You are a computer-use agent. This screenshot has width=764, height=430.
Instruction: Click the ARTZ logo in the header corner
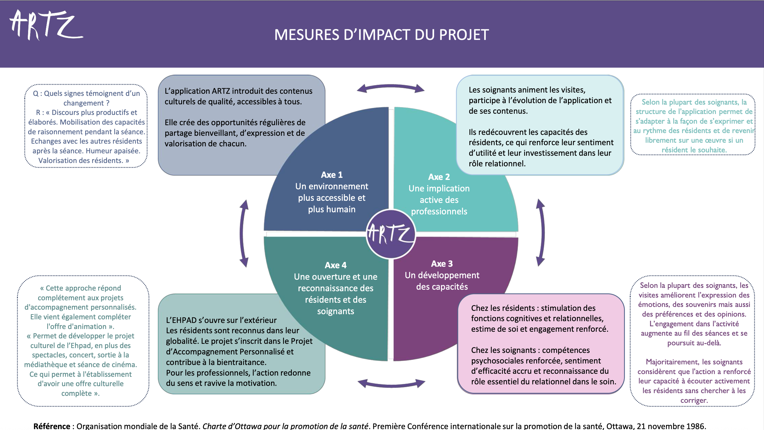coord(45,25)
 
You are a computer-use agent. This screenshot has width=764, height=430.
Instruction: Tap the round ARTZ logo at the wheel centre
coord(391,234)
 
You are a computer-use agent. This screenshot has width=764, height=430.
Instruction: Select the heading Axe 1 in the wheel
coord(331,175)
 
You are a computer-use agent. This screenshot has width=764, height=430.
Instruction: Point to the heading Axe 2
coord(439,177)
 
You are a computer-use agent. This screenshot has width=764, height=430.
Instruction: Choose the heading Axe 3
coord(442,264)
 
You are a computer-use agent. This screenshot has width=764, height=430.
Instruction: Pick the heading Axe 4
coord(335,265)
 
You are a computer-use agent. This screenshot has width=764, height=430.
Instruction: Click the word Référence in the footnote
coord(52,426)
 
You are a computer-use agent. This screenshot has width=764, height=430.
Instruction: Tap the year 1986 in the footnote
coord(695,426)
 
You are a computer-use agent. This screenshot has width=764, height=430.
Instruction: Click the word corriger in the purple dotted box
coord(694,400)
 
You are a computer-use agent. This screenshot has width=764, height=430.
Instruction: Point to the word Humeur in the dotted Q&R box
coord(98,151)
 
